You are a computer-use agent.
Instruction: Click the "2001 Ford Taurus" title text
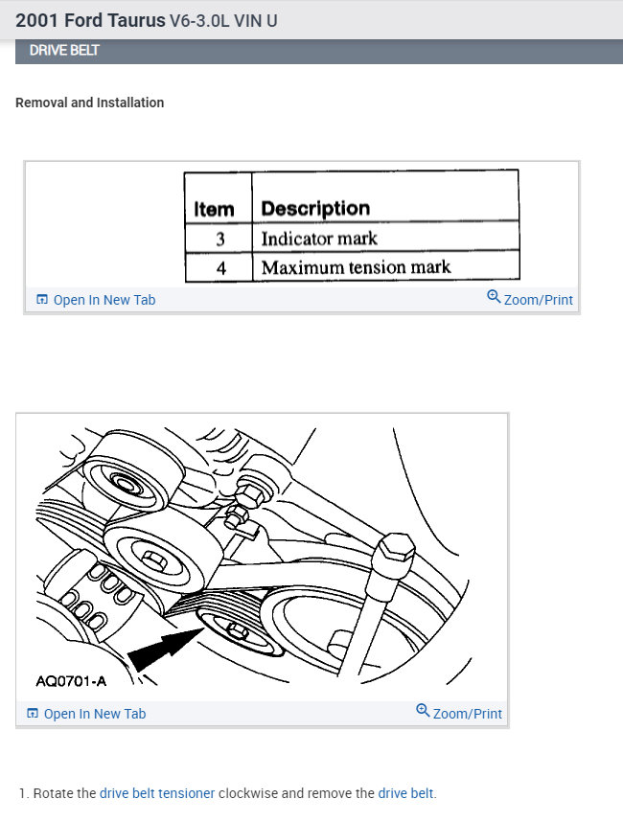(x=90, y=20)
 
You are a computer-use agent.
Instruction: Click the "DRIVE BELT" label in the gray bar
(x=64, y=51)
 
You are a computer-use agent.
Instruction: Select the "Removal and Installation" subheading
(x=89, y=103)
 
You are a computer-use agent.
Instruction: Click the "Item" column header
(x=214, y=209)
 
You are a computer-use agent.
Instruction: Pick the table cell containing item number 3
(x=220, y=239)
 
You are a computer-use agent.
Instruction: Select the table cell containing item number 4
(x=220, y=267)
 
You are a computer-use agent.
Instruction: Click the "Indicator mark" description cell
(x=319, y=239)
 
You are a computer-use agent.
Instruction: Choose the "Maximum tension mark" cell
(x=356, y=267)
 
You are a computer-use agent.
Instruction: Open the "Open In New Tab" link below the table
(x=96, y=300)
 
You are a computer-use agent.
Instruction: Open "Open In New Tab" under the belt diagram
(x=86, y=714)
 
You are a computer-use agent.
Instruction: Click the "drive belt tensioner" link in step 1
(x=157, y=793)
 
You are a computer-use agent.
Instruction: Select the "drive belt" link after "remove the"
(x=405, y=793)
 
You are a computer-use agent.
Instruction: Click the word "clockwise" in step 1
(x=248, y=793)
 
